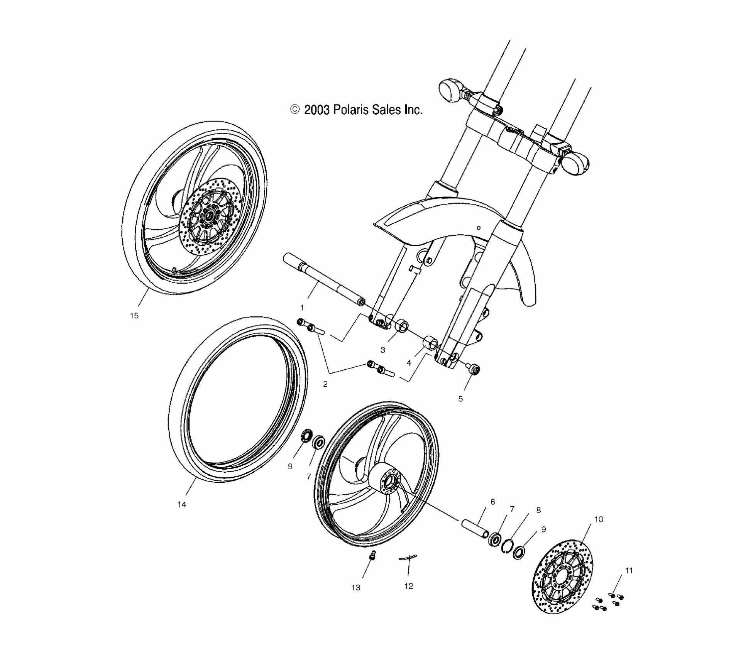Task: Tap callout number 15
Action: click(x=134, y=316)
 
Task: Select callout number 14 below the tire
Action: click(x=182, y=504)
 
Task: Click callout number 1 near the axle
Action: click(x=302, y=308)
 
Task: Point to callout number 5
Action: click(x=460, y=399)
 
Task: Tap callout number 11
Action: click(x=629, y=570)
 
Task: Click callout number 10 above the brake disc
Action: click(x=599, y=519)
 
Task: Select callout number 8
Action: click(x=538, y=510)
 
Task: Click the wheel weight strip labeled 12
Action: click(x=408, y=558)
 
